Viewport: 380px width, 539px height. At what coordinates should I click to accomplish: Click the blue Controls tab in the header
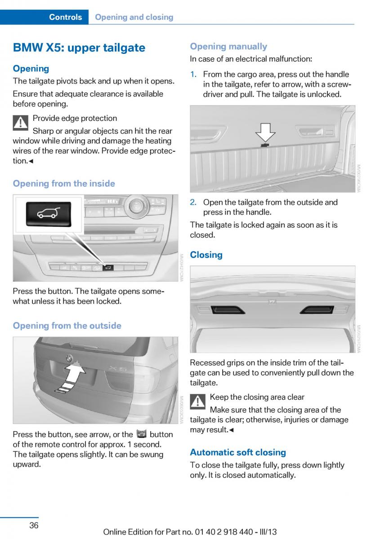click(x=65, y=17)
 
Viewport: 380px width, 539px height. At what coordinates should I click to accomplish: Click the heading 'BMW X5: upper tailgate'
click(x=79, y=48)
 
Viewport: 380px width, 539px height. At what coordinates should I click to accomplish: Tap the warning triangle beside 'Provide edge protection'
click(x=21, y=123)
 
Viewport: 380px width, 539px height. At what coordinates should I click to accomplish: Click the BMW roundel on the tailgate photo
click(x=69, y=358)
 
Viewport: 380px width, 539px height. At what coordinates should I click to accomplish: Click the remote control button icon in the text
click(x=141, y=434)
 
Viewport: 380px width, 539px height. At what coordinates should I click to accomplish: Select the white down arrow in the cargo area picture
click(x=265, y=133)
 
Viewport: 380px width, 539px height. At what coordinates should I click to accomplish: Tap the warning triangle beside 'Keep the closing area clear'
click(x=198, y=402)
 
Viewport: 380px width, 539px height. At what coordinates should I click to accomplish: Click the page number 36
click(x=34, y=525)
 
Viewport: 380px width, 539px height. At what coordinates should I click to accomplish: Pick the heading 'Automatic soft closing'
click(x=238, y=452)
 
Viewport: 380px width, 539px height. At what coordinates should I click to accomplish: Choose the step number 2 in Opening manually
click(x=193, y=202)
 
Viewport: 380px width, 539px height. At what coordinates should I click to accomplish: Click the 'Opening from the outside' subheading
click(x=67, y=326)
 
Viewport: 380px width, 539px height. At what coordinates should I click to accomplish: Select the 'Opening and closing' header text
click(x=134, y=17)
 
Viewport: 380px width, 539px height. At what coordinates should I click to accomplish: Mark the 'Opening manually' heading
click(x=228, y=46)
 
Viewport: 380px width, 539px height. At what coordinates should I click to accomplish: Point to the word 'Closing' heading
click(x=206, y=255)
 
